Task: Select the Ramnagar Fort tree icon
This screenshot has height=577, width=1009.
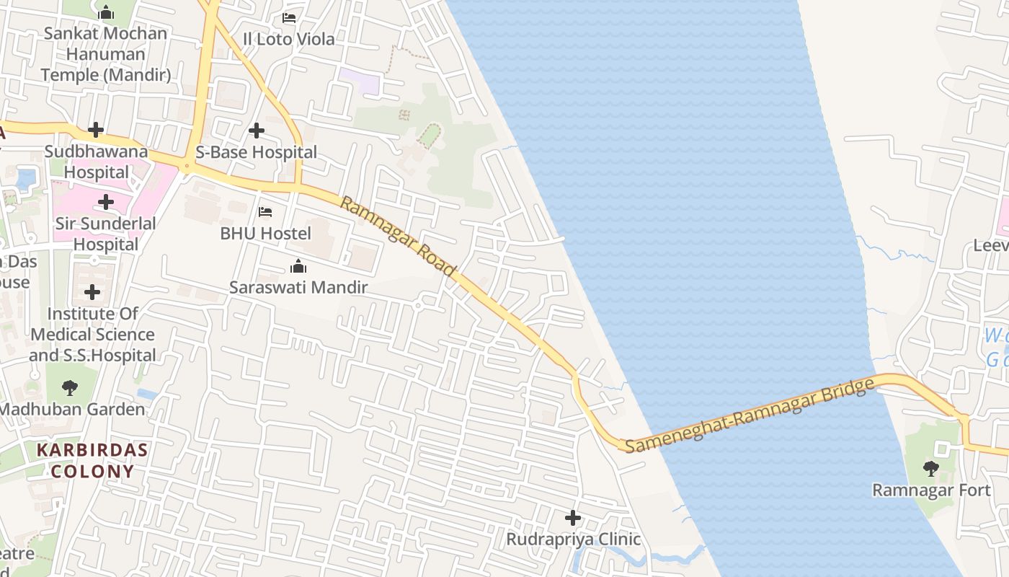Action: pos(931,469)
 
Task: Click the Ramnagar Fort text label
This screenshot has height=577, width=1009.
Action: pos(931,490)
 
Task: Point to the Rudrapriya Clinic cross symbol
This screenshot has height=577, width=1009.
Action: pos(573,518)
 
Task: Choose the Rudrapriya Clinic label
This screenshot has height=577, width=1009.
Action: pos(573,539)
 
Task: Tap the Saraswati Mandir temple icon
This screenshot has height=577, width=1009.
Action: pos(298,267)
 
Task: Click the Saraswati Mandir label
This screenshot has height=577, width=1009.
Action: pos(298,288)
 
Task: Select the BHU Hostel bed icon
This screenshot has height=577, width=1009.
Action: pos(265,212)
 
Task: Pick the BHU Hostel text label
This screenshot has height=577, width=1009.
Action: pos(266,234)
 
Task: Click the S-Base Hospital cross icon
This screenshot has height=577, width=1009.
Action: pos(256,131)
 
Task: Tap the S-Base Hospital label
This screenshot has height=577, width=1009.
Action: pos(257,152)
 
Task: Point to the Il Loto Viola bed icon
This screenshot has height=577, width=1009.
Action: pos(289,17)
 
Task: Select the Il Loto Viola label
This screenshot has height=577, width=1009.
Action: pos(289,39)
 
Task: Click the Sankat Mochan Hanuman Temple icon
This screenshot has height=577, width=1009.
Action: pos(106,12)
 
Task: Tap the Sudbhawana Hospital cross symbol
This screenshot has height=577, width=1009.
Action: pos(96,130)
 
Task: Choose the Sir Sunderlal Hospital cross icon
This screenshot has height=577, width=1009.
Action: pos(106,202)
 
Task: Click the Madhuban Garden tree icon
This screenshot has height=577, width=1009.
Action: pos(70,388)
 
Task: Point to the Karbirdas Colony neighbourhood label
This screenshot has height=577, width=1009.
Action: pos(92,461)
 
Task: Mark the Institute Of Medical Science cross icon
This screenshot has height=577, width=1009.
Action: pos(92,292)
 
